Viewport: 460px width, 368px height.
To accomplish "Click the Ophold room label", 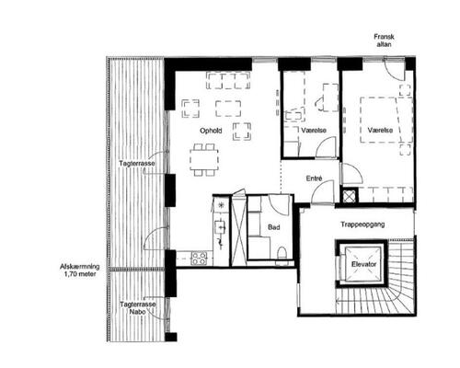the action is point(211,131).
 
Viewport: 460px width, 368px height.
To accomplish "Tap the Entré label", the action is point(314,178).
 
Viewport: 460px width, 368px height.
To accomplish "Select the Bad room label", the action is point(274,227).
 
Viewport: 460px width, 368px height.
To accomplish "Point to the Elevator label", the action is point(363,264).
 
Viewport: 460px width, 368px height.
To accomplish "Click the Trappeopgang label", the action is point(362,224).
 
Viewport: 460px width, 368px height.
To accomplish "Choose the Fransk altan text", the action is point(384,40).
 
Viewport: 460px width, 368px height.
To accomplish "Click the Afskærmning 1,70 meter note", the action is point(80,270).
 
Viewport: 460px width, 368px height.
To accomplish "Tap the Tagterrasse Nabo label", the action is point(138,308).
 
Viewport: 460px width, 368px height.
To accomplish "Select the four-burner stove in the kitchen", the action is point(199,259).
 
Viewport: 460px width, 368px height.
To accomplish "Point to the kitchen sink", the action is point(221,227).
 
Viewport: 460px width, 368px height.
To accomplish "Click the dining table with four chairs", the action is point(204,160).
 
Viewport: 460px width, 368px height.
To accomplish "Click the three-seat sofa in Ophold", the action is point(228,80).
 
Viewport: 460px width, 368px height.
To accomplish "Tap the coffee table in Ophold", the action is point(228,109).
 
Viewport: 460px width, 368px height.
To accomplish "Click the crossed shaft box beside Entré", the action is point(350,196).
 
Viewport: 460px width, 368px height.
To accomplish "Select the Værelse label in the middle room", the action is point(314,131).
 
